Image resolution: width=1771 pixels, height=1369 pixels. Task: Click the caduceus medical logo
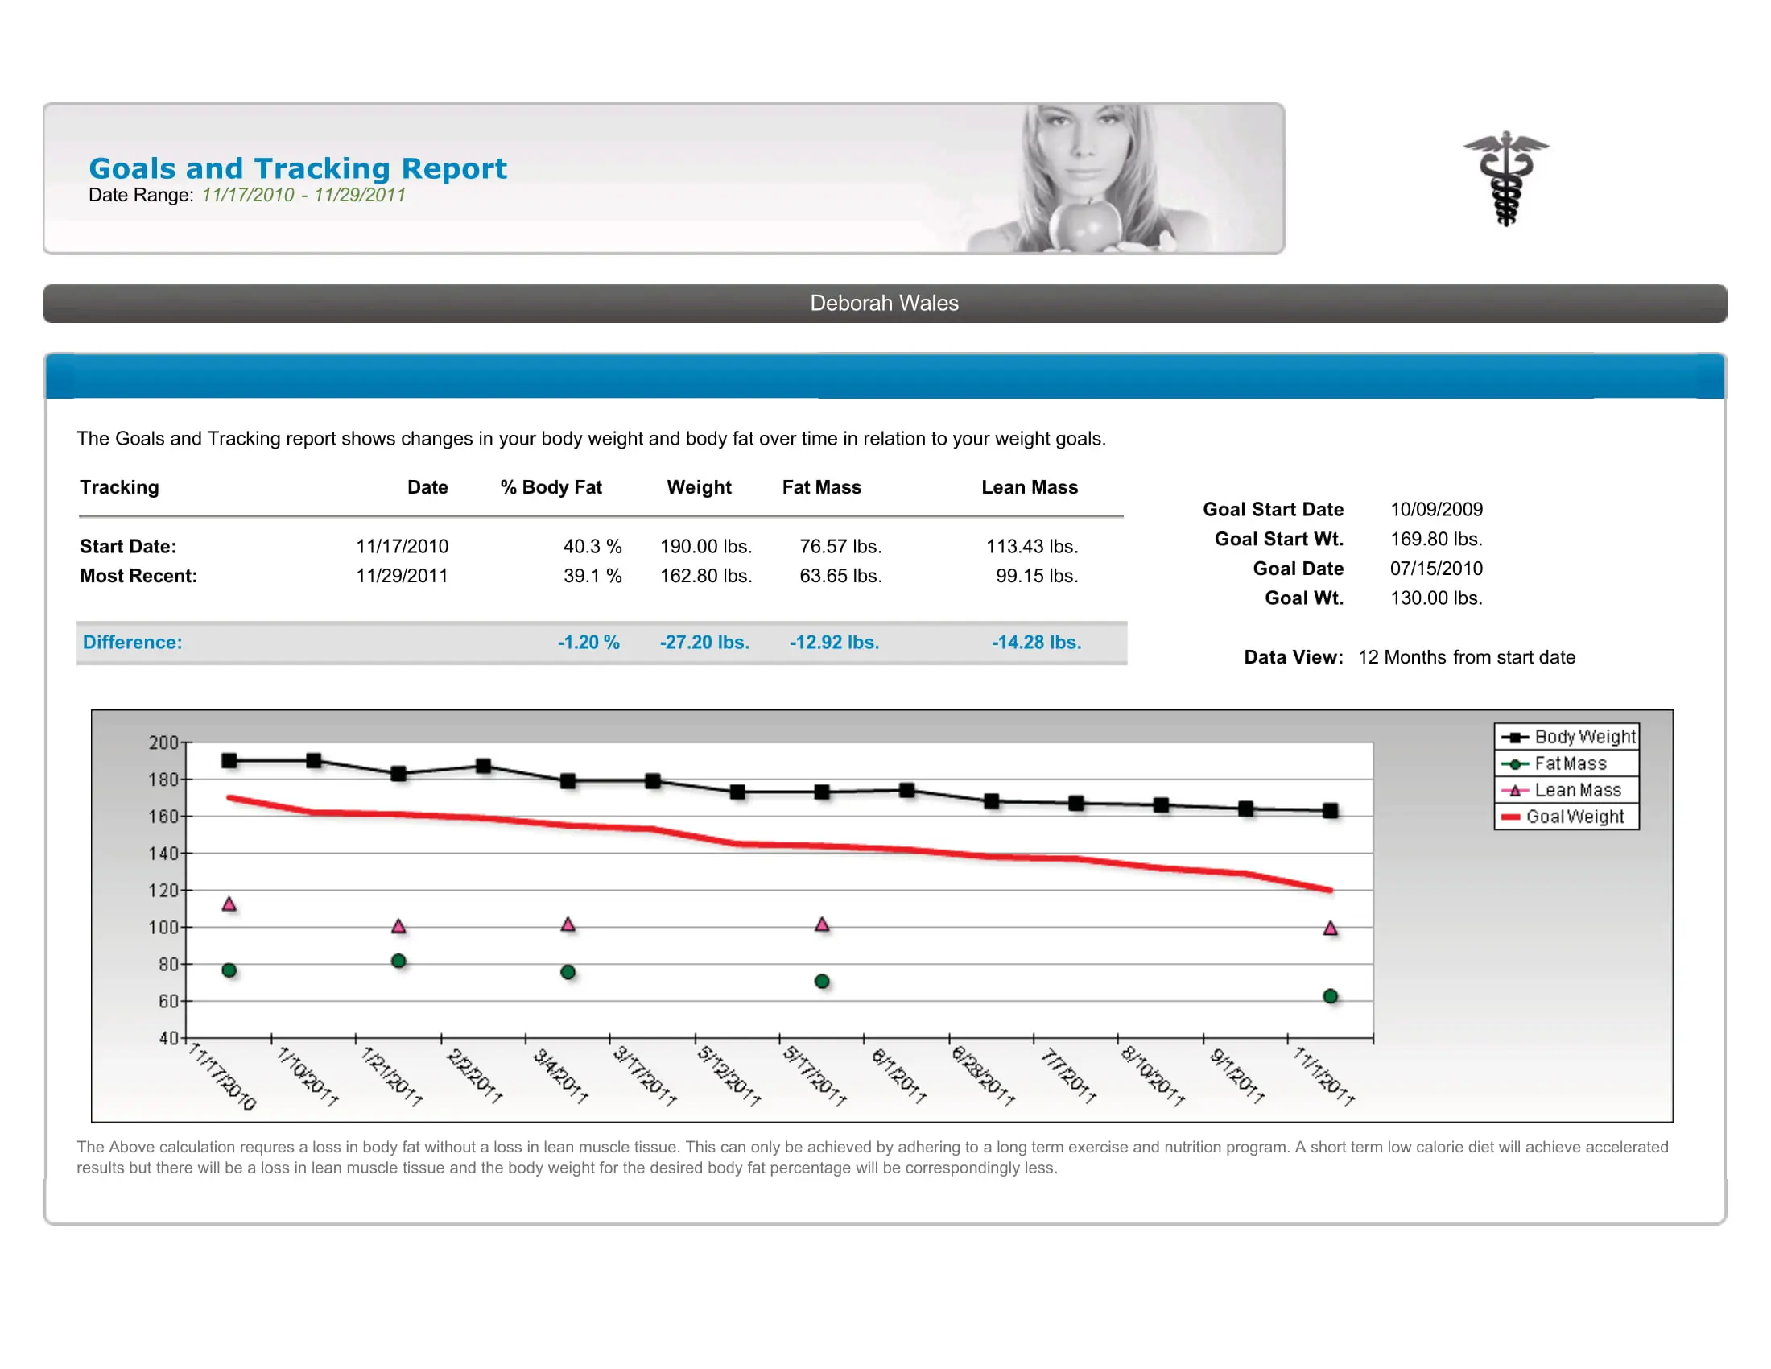(1505, 178)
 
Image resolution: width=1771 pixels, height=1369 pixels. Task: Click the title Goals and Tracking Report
(297, 168)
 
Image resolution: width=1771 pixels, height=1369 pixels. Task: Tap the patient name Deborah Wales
(884, 304)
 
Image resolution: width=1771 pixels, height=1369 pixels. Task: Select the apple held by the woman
(1084, 225)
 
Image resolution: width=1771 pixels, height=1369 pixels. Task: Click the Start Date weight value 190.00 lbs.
(705, 547)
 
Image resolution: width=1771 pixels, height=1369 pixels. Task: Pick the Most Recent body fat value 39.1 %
(592, 576)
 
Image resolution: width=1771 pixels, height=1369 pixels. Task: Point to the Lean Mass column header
(1029, 487)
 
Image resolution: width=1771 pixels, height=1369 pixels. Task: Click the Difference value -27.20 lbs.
(704, 643)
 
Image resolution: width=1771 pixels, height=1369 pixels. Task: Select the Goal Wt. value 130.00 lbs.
(1435, 598)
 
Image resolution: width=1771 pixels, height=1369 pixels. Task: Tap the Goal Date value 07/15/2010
(1435, 569)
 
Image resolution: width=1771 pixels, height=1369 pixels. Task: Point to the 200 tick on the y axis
(163, 743)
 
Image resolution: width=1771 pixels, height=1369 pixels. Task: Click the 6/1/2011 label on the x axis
(898, 1075)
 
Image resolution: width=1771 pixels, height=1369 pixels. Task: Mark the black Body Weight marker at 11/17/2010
(229, 761)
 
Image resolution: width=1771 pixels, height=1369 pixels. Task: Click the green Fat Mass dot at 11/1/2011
(1330, 996)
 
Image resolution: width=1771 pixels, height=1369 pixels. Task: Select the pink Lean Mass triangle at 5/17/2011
(822, 924)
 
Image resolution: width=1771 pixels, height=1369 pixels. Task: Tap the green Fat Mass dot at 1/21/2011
(398, 961)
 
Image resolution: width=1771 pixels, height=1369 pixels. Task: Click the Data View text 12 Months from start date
(1466, 657)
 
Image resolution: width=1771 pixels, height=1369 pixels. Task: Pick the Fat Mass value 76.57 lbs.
(840, 547)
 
